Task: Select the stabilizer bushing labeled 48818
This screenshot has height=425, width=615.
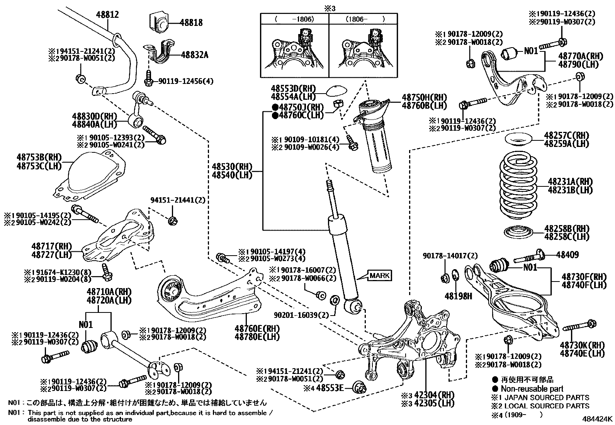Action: point(160,22)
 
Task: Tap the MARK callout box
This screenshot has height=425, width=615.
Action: point(380,276)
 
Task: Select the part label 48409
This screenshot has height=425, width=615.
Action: point(567,255)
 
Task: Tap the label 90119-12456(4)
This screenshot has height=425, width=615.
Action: point(185,81)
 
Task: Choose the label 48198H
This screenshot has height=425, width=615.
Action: point(458,296)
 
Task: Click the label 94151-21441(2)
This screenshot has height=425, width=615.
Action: point(178,200)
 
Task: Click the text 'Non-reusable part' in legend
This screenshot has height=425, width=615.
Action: point(532,389)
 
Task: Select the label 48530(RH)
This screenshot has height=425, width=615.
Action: point(231,167)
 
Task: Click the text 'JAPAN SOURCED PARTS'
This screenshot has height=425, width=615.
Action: point(545,398)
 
